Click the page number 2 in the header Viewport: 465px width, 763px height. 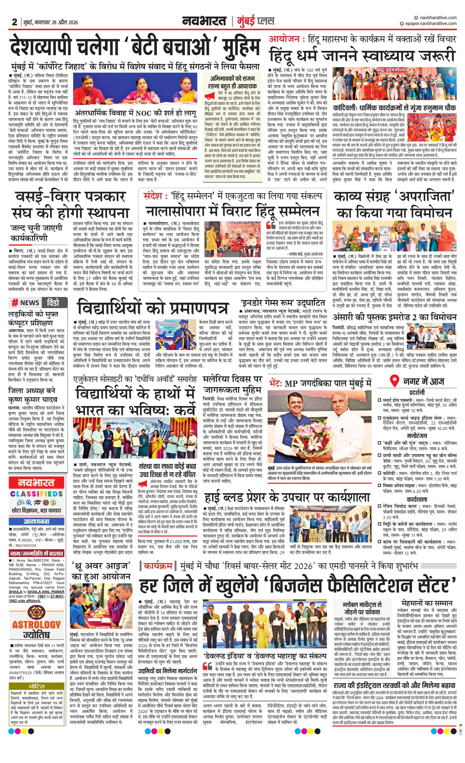(14, 22)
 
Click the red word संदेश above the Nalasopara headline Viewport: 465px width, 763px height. (153, 196)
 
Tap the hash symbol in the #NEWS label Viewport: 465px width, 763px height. (14, 303)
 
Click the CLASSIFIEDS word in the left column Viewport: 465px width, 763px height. (37, 494)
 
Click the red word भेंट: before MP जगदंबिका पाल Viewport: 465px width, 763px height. (275, 383)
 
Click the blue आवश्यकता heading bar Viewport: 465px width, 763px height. (37, 521)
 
